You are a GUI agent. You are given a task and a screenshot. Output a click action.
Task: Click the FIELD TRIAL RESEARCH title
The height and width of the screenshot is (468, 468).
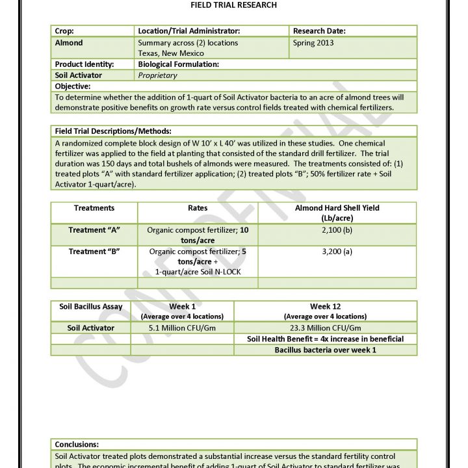pos(234,5)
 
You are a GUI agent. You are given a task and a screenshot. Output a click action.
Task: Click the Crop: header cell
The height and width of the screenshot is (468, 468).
pos(64,31)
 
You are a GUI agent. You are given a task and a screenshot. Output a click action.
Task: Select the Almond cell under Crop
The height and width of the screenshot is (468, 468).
pos(69,43)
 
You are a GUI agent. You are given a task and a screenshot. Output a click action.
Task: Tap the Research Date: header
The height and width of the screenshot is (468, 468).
pos(319,31)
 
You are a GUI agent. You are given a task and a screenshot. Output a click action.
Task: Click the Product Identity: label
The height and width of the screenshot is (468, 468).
pos(84,64)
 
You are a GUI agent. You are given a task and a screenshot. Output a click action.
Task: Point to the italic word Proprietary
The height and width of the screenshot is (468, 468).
pos(157,75)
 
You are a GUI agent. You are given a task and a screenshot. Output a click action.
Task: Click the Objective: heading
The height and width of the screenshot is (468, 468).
pos(73,86)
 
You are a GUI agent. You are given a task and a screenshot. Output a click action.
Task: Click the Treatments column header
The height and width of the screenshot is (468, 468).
pos(94,208)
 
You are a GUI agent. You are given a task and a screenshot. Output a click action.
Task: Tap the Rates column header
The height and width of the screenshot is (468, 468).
pos(198,208)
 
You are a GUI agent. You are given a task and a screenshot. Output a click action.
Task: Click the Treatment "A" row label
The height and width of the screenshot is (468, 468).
pos(94,230)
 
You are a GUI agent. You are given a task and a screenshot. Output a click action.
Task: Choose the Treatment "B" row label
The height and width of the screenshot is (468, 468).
pos(94,250)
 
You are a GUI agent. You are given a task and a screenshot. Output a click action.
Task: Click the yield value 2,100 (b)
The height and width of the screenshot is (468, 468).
pos(337,230)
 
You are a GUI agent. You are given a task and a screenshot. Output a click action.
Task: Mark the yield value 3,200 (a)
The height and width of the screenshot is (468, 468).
pos(337,250)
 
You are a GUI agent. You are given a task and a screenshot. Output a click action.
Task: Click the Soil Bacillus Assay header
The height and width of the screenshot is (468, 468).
pos(91,306)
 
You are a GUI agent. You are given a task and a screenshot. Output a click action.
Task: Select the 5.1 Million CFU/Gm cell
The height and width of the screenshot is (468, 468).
pos(182,328)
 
